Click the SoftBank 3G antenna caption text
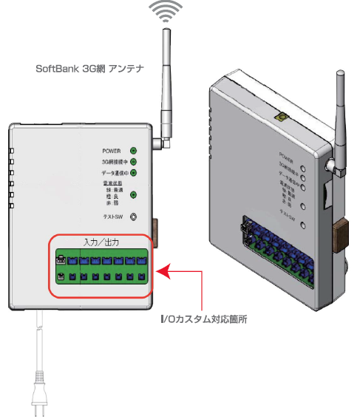89,67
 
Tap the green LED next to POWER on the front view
133,150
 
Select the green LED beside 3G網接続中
133,161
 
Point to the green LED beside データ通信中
133,173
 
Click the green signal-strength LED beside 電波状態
133,195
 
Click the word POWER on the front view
111,150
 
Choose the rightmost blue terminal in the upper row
141,260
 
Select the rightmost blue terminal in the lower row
141,278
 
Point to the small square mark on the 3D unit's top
281,117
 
